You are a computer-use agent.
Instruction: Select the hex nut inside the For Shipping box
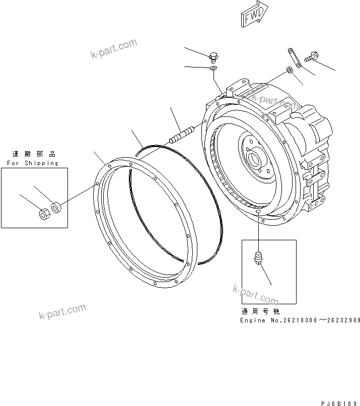tap(44, 214)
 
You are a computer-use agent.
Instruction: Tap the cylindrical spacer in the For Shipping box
tap(57, 207)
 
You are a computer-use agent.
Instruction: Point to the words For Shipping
tap(33, 163)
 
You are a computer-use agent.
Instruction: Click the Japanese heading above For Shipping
tap(34, 154)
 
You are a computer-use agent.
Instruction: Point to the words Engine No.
tap(258, 320)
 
